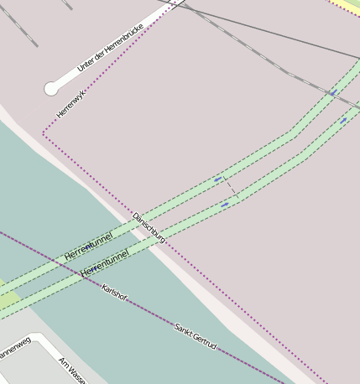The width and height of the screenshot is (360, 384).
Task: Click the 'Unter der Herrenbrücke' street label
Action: [109, 48]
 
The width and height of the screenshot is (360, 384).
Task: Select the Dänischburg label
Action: [149, 228]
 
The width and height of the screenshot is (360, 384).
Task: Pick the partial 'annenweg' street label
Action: [13, 347]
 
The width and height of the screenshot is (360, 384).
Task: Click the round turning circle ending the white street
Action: [51, 87]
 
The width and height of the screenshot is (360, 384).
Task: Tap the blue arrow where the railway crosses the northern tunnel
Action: [333, 92]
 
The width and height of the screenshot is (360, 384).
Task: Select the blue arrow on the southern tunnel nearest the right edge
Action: [343, 120]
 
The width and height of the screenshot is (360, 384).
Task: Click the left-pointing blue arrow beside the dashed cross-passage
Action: [218, 179]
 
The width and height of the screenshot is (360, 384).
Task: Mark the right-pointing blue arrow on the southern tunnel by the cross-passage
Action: [225, 204]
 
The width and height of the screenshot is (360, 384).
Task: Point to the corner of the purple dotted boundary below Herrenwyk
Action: [44, 133]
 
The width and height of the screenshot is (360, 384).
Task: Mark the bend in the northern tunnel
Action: [291, 132]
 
